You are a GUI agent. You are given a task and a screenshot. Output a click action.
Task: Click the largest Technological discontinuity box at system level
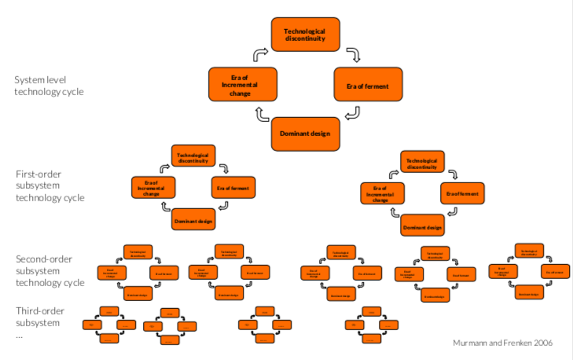(305, 35)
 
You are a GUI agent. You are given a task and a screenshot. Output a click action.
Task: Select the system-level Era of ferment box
(368, 84)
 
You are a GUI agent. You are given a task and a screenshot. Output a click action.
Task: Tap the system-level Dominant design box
(305, 133)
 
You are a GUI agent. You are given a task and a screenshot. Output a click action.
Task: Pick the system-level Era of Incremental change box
(243, 84)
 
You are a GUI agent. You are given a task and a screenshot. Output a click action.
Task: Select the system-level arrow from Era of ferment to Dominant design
(353, 113)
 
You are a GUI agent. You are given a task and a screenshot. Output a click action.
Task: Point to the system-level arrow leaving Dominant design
(260, 115)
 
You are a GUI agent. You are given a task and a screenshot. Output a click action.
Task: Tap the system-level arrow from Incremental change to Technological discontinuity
(260, 55)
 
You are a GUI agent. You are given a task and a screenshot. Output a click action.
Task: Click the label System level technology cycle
(49, 85)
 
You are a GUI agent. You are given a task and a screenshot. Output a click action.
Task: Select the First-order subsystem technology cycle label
(50, 186)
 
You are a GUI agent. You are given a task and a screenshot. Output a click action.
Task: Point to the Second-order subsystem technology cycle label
(50, 270)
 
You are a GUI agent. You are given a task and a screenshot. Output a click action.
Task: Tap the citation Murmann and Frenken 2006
(503, 343)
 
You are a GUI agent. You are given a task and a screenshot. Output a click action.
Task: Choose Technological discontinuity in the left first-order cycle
(193, 156)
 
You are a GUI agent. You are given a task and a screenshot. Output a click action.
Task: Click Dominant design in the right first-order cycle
(422, 227)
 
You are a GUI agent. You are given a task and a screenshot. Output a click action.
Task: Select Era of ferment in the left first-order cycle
(233, 189)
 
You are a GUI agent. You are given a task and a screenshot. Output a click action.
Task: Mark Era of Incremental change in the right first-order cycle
(382, 193)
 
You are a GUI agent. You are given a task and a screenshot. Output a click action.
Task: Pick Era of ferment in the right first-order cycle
(462, 193)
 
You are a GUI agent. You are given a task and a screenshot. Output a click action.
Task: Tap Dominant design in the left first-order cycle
(193, 221)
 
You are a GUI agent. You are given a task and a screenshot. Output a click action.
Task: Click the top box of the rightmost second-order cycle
(528, 252)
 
